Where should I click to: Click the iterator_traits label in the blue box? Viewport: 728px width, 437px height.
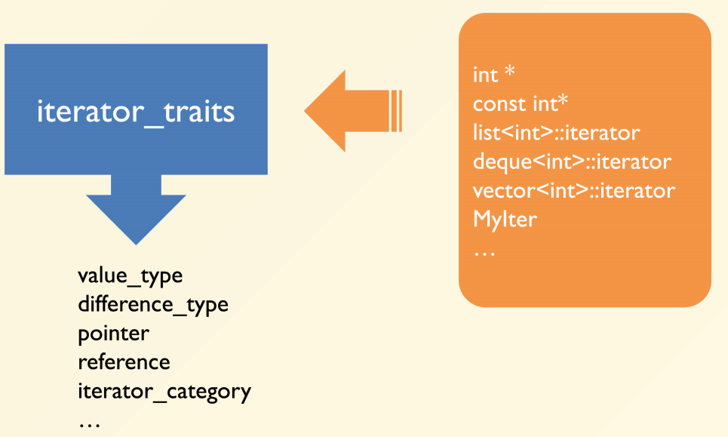[136, 112]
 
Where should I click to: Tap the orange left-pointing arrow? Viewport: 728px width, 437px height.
[353, 111]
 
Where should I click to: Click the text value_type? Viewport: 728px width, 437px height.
[130, 276]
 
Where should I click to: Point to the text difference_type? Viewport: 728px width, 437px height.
[153, 305]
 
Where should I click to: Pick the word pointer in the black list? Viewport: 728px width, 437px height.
[114, 334]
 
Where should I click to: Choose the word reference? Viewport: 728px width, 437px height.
[124, 362]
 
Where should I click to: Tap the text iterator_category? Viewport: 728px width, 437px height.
[164, 392]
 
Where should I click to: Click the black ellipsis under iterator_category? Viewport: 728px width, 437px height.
[89, 424]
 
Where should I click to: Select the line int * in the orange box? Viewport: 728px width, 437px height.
[494, 74]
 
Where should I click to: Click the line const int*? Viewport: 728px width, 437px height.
[521, 103]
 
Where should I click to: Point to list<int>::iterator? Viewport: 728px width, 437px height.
[556, 133]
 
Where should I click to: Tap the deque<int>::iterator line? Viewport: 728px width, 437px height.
[572, 162]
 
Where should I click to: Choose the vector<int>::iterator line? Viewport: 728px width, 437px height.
[574, 190]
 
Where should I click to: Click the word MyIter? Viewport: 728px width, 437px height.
[505, 219]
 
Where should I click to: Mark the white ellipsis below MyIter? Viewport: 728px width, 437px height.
[485, 253]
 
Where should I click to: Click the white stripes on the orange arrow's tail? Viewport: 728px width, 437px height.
[396, 111]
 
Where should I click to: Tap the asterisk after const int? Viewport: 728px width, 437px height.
[563, 100]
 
